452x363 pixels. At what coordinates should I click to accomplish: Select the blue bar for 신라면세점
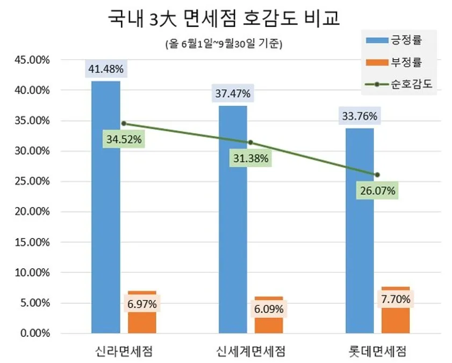[x=106, y=207]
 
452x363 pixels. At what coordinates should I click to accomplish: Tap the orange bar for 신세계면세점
[x=269, y=315]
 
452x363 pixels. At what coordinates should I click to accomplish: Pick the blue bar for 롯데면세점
[x=360, y=231]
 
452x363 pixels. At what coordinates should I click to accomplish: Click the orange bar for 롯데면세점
[x=396, y=310]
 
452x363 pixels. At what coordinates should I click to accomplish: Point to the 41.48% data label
[x=106, y=69]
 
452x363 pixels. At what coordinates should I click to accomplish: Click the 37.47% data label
[x=233, y=94]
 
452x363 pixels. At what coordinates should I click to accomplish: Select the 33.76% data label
[x=360, y=116]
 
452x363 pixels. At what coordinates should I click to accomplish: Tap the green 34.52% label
[x=124, y=139]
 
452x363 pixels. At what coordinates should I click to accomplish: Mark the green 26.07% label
[x=378, y=190]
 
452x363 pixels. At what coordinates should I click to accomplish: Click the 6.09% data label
[x=269, y=309]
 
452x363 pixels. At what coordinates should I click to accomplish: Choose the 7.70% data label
[x=396, y=300]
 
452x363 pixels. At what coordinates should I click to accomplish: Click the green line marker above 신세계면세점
[x=250, y=143]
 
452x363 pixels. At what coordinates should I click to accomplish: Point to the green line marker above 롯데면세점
[x=377, y=175]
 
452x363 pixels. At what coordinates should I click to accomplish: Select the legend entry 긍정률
[x=394, y=40]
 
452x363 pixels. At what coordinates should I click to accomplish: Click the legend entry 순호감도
[x=399, y=84]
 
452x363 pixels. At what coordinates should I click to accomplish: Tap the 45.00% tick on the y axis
[x=32, y=60]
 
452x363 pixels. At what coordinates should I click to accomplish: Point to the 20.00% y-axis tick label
[x=32, y=212]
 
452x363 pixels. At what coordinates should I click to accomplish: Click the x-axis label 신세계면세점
[x=250, y=351]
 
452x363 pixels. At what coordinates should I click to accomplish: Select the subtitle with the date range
[x=224, y=44]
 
